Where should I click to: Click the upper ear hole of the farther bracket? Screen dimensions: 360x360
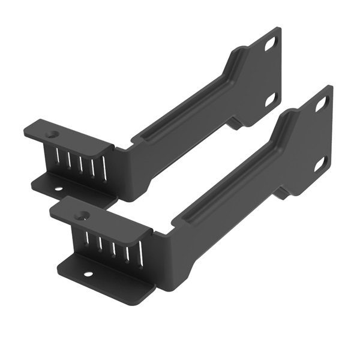coord(271,44)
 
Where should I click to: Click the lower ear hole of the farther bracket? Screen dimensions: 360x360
coord(270,98)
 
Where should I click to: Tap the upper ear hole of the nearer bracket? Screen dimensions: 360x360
coord(321,104)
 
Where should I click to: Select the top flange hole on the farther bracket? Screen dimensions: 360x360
coord(53,134)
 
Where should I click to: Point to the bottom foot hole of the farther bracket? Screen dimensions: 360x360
coord(59,191)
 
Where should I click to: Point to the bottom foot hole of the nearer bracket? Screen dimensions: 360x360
coord(88,275)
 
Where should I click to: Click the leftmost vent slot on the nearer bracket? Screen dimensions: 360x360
coord(86,241)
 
